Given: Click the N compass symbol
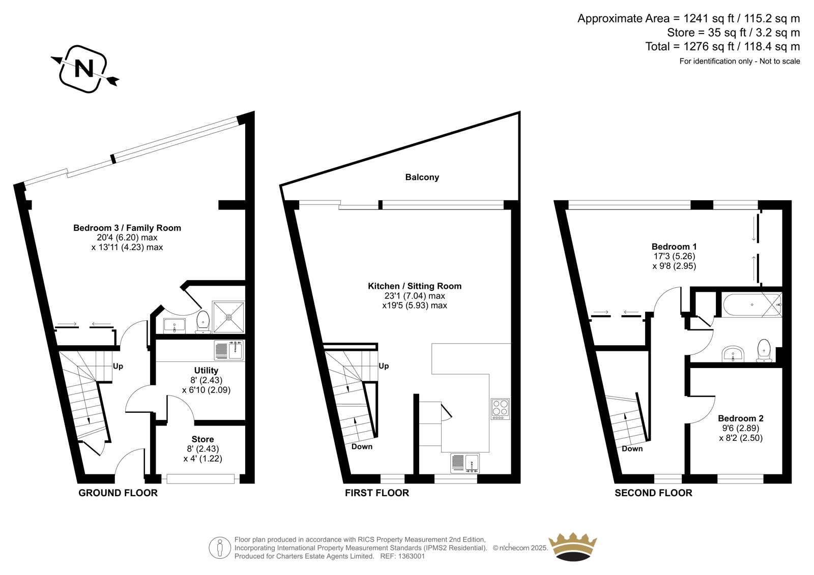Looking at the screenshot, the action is click(85, 69).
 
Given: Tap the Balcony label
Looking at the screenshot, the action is click(422, 177).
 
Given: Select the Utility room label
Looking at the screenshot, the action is click(206, 370).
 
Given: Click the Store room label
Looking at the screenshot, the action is click(203, 439).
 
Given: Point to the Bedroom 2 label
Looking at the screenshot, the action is click(741, 418).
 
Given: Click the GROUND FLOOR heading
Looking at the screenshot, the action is click(118, 493).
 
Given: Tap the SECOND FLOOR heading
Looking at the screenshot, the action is click(653, 493).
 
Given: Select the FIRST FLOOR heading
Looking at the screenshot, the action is click(377, 493).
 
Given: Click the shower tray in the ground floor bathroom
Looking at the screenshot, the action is click(228, 317).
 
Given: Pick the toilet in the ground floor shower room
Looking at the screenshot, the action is click(203, 322).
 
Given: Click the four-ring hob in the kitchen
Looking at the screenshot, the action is click(501, 409).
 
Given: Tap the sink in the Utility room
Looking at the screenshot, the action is click(229, 350).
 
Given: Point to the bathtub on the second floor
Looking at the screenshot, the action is click(752, 305).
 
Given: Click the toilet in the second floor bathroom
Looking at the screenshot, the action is click(764, 351).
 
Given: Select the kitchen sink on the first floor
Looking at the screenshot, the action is click(465, 464).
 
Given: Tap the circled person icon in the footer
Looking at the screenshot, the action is click(220, 548).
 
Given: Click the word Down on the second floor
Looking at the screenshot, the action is click(632, 448).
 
